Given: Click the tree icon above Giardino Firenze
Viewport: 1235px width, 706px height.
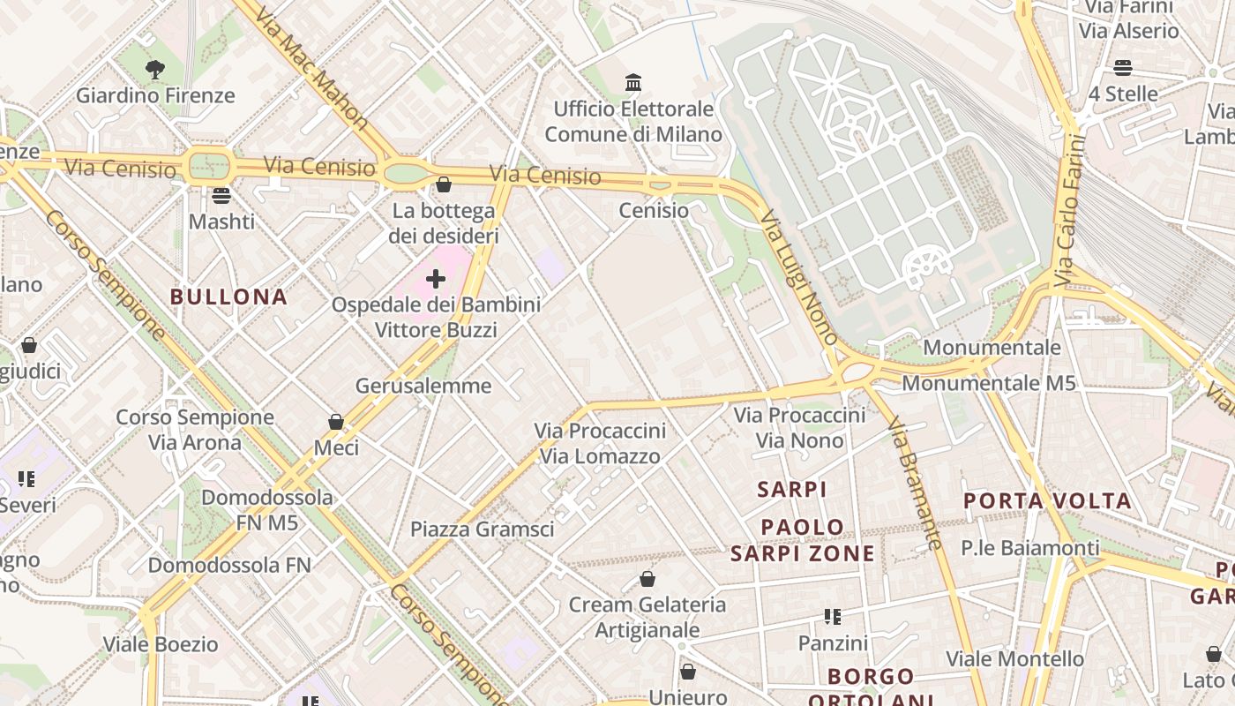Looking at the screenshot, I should pos(155,69).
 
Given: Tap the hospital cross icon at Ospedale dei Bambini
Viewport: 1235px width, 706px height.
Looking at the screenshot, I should pos(436,279).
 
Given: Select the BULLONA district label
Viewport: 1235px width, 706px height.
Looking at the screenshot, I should pos(229,297).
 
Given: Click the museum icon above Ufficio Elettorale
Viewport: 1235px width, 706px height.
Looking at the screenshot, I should pos(633,83).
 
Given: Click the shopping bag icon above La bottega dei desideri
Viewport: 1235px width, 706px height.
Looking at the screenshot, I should pos(444,184).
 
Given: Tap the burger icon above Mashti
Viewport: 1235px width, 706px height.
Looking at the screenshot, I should pos(221,195).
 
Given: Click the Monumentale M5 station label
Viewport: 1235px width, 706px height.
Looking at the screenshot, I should pos(988,383).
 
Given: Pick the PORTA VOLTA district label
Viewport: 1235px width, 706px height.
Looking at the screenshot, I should pos(1046,501).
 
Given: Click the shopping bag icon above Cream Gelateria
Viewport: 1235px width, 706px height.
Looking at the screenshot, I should pos(647,579).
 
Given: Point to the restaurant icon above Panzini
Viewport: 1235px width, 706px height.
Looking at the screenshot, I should pos(832,617).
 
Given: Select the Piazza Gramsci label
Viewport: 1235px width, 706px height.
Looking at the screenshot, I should pos(483,529).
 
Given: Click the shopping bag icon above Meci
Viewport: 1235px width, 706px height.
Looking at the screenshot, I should pos(335,422).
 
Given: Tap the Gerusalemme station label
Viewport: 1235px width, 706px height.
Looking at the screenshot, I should pos(423,386).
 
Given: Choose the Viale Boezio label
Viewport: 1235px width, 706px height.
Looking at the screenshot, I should pos(161,643).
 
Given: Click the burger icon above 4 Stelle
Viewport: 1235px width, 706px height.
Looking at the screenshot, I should pos(1122,68).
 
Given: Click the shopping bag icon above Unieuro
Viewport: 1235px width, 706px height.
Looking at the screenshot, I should pos(688,672).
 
